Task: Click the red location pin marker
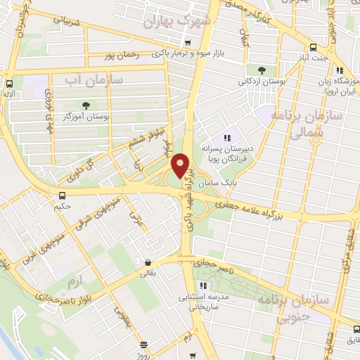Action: point(180,167)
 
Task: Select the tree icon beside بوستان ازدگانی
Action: point(261,70)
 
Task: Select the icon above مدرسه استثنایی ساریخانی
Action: point(204,285)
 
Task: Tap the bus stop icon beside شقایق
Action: point(350,330)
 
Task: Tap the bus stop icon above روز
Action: point(143,344)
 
